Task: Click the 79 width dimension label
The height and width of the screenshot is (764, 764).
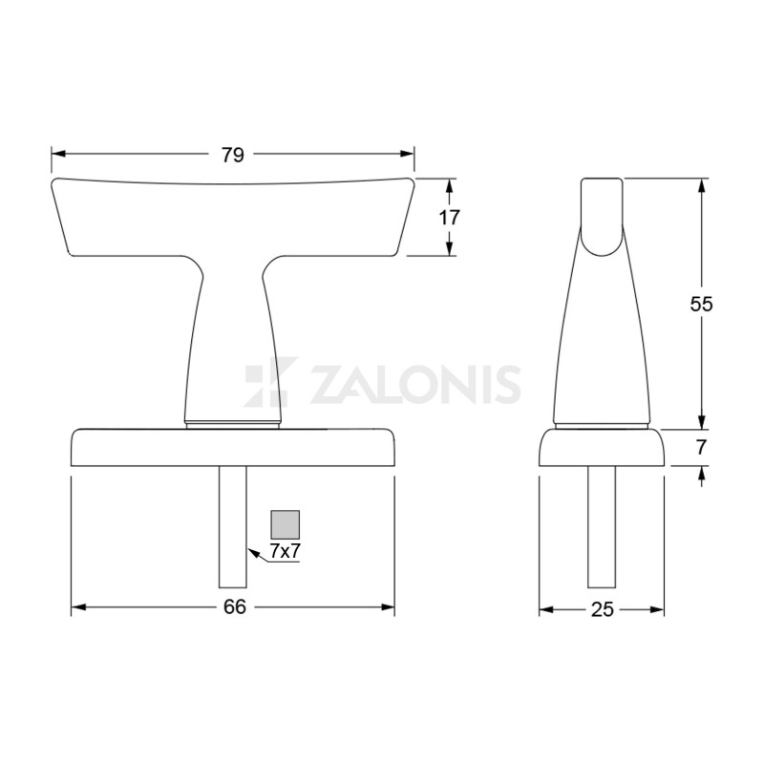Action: point(232,155)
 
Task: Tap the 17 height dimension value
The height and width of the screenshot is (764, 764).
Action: point(449,218)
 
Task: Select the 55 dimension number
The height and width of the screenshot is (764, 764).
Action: point(701,304)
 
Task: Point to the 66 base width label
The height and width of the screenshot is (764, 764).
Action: point(235,607)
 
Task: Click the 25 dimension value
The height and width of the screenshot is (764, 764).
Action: point(603,609)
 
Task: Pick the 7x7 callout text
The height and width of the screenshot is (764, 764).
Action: point(285,551)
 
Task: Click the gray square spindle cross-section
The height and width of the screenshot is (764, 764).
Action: point(285,524)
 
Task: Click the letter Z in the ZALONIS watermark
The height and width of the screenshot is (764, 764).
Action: point(329,384)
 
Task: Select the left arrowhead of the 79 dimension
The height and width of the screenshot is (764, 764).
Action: point(58,154)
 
